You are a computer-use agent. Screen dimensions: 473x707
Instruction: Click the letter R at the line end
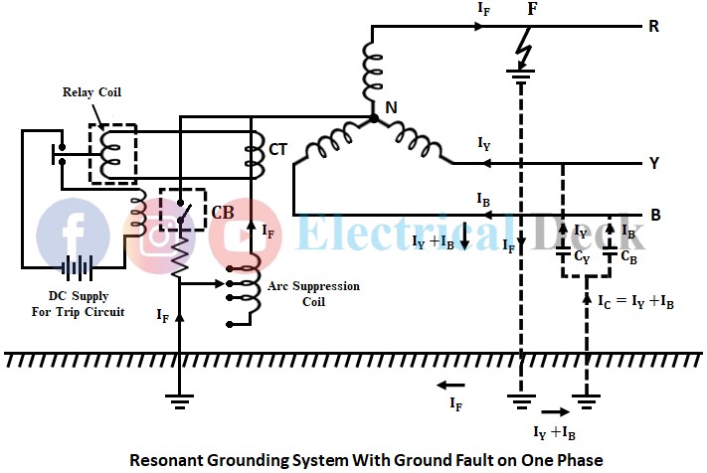pos(653,26)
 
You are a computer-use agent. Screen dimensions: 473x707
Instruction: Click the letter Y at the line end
pos(654,162)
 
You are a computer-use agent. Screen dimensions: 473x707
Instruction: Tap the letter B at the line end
pos(654,214)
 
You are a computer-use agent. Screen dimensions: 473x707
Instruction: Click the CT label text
pos(279,151)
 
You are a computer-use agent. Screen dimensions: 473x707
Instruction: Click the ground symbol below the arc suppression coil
pos(180,402)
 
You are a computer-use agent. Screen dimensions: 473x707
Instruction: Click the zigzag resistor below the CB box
pos(180,257)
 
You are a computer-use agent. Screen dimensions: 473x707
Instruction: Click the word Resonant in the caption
pos(172,459)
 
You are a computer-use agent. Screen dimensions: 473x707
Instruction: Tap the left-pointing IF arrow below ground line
pos(453,384)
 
